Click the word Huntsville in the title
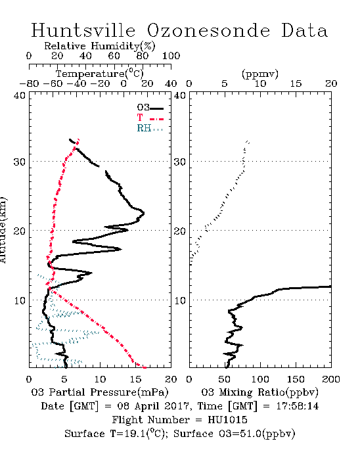[83, 30]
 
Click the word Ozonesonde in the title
[208, 30]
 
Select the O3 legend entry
[150, 108]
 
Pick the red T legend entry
[150, 118]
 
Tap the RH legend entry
[150, 128]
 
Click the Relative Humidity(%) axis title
[100, 46]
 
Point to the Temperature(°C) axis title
[100, 74]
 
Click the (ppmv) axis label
[260, 74]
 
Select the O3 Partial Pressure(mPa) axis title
[100, 392]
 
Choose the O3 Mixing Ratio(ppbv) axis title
[259, 392]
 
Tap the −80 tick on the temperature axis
[29, 84]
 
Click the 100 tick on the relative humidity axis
[171, 56]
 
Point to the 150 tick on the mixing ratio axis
[296, 379]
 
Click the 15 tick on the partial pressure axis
[135, 379]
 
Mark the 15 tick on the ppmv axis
[296, 84]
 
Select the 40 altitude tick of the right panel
[180, 95]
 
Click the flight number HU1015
[227, 420]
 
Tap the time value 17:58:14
[298, 406]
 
